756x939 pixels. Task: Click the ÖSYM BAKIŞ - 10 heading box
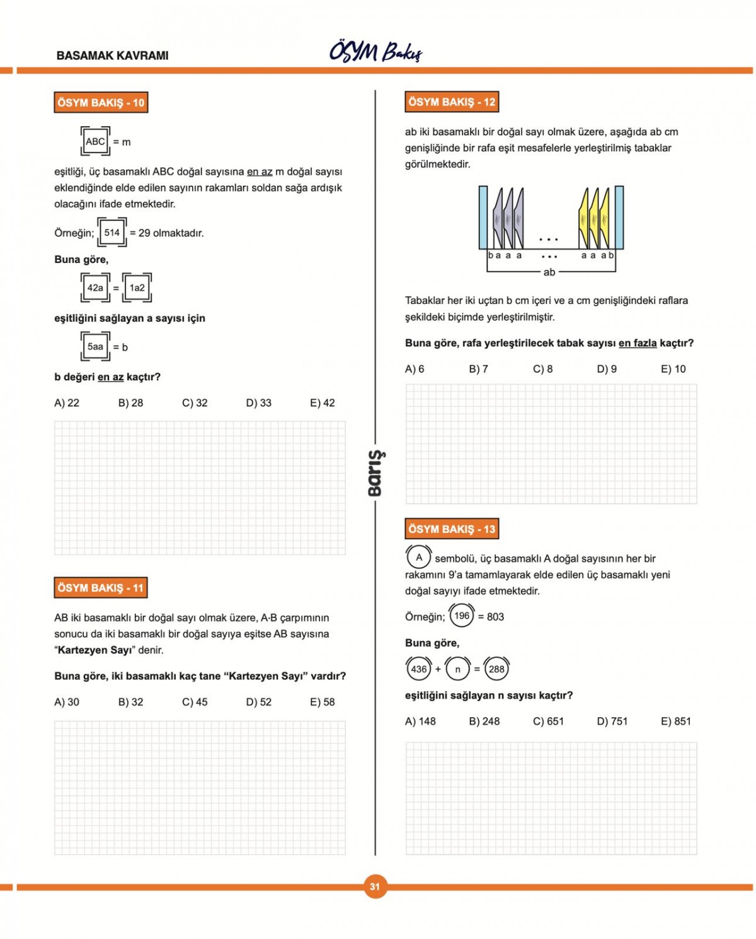101,103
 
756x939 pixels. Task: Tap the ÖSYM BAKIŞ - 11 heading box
101,588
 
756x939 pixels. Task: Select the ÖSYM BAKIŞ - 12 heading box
452,102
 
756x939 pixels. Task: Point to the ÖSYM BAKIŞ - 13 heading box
452,529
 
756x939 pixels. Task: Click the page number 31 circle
375,887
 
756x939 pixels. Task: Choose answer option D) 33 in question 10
258,403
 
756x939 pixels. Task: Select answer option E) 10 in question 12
673,369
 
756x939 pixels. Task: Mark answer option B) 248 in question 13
484,721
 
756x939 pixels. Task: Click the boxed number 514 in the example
112,233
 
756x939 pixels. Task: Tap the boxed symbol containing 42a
95,288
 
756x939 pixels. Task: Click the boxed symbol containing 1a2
137,288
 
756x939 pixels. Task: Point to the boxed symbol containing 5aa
95,347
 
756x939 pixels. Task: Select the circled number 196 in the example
462,616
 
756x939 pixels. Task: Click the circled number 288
496,669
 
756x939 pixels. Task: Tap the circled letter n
457,669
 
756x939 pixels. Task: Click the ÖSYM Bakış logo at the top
375,52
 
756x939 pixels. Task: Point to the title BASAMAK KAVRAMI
112,55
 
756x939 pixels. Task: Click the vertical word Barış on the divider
375,473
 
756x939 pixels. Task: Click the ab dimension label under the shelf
549,272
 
